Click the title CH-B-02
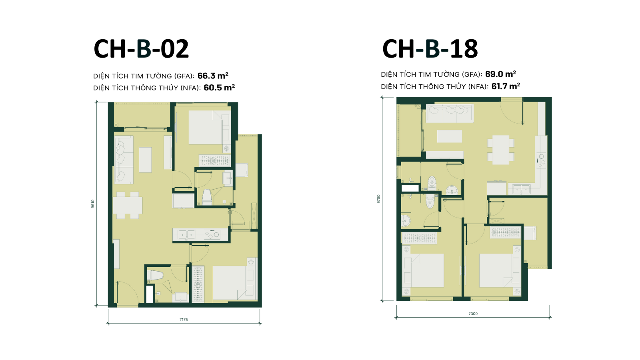tap(141, 49)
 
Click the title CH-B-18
tap(430, 49)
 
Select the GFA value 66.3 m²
tap(213, 76)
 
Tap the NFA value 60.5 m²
tap(219, 88)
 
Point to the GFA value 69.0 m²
tap(500, 74)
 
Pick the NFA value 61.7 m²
tap(506, 86)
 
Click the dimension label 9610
tap(92, 204)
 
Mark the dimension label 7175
tap(184, 320)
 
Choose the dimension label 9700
tap(378, 199)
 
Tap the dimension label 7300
tap(473, 314)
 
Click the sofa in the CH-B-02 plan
tap(124, 160)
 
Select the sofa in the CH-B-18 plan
tap(450, 113)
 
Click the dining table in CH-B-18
tap(501, 150)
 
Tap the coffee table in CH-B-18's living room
tap(450, 136)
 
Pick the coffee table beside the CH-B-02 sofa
tap(145, 160)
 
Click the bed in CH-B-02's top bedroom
tap(210, 128)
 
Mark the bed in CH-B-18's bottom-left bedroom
tap(423, 270)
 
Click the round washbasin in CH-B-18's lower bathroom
tap(405, 220)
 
